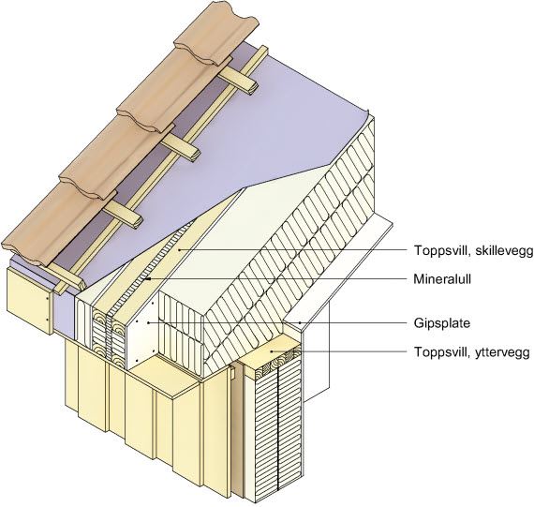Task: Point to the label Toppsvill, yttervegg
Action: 471,351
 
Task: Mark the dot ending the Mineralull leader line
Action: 148,279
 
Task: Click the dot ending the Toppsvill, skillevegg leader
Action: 179,250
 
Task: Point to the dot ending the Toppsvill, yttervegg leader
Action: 271,351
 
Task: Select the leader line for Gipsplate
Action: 278,322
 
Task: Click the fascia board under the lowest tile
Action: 30,300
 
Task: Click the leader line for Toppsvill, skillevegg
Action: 293,250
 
